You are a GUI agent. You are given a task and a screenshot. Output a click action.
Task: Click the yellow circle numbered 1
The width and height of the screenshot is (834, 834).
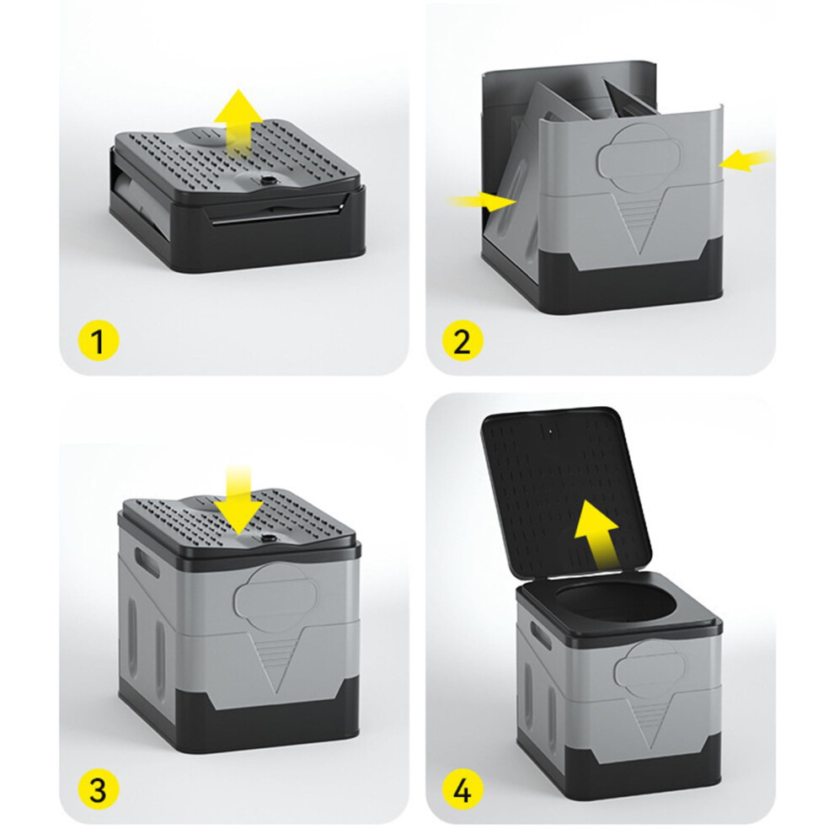pyautogui.click(x=98, y=340)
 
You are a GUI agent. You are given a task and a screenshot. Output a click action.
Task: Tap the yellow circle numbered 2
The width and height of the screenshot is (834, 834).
pyautogui.click(x=462, y=340)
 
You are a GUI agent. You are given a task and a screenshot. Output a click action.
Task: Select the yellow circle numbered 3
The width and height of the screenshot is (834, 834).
pyautogui.click(x=98, y=789)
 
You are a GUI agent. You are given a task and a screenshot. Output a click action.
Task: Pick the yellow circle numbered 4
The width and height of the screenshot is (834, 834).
pyautogui.click(x=462, y=789)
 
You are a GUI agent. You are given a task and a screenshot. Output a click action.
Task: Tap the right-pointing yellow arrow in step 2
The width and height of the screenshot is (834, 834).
pyautogui.click(x=481, y=202)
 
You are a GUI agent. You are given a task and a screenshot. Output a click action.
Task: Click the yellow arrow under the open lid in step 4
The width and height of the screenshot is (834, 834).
pyautogui.click(x=597, y=533)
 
